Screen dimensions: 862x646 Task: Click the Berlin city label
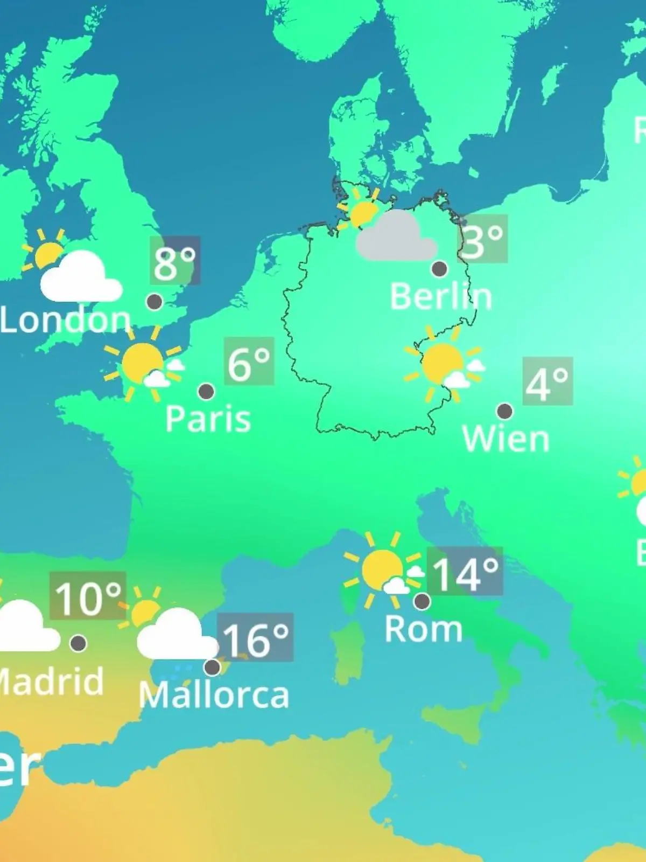[x=440, y=297]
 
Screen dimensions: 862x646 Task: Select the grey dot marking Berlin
[x=439, y=268]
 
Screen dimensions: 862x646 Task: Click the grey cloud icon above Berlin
[x=397, y=238]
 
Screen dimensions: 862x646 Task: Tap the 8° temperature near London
[x=175, y=262]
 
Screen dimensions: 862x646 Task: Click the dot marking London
[x=155, y=302]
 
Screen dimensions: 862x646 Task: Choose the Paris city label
[x=208, y=419]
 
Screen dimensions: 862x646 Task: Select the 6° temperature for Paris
[x=249, y=363]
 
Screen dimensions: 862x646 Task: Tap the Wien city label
[x=505, y=439]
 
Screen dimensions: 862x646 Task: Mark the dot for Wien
[x=504, y=412]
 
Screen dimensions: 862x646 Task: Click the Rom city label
[x=424, y=629]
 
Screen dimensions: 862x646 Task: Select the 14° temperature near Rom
[x=465, y=573]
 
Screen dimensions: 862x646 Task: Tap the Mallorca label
[x=214, y=696]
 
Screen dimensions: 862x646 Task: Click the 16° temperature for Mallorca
[x=256, y=638]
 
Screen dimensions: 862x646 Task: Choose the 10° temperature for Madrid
[x=88, y=596]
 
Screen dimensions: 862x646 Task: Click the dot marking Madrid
[x=78, y=643]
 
